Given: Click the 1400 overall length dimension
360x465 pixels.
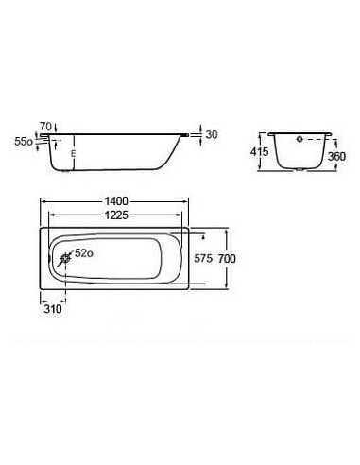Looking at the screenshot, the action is [x=116, y=201].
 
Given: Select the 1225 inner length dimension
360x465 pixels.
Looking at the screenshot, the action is [x=116, y=215].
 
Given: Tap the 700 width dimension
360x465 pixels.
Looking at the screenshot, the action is [x=227, y=259].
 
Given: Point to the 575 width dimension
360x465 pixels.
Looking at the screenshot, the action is [x=203, y=259].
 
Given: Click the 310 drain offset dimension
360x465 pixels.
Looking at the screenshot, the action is [x=53, y=309].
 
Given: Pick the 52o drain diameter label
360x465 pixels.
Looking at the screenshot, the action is [x=84, y=253].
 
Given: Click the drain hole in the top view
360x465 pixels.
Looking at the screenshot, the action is [x=66, y=259].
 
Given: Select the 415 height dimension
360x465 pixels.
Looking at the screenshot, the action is [x=259, y=151].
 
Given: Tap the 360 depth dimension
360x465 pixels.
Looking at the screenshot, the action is [x=336, y=156].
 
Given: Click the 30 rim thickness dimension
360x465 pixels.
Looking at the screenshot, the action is [x=212, y=134].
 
